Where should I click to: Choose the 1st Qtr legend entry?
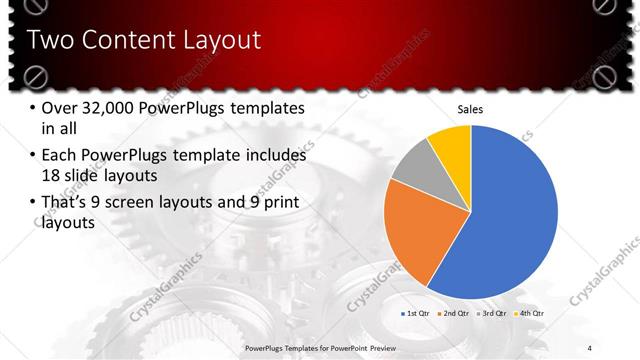[x=415, y=314]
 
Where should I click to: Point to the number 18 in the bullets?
[x=52, y=177]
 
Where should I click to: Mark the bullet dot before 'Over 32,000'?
[x=34, y=109]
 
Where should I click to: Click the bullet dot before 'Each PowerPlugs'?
[x=34, y=156]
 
